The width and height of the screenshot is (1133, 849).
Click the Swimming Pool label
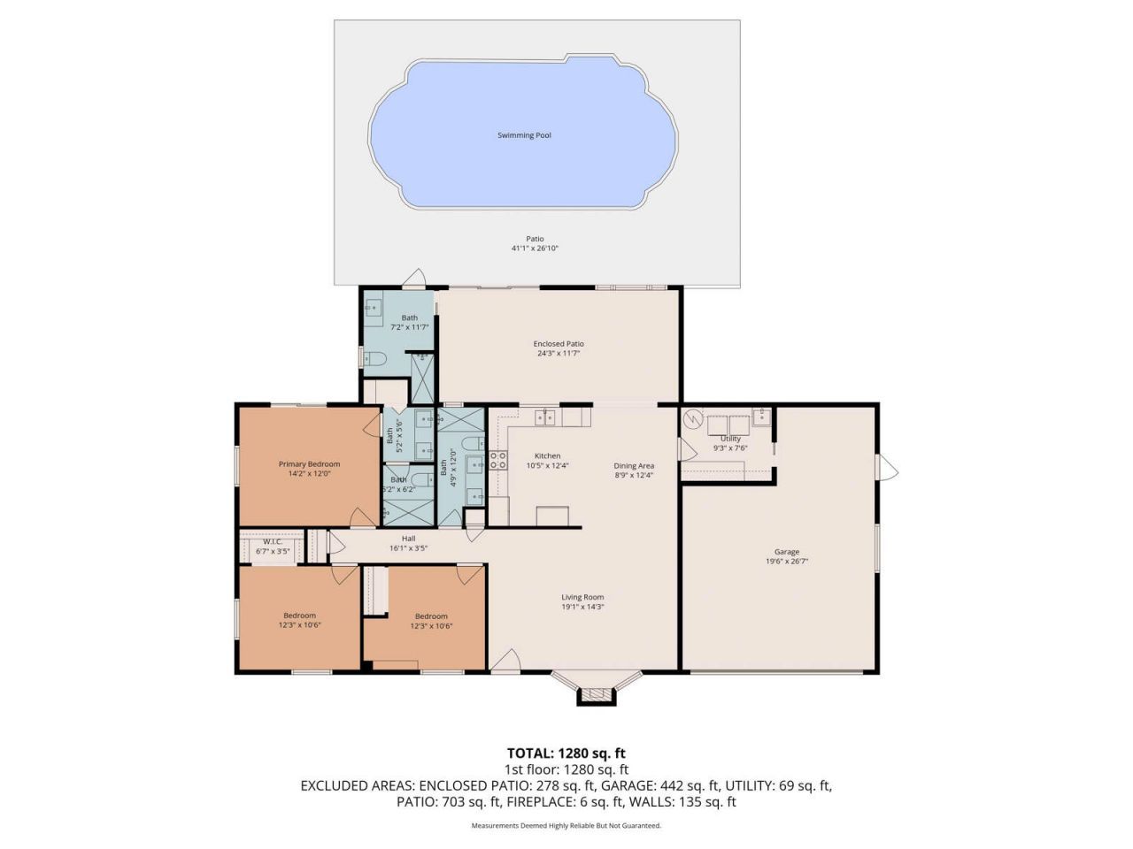point(524,135)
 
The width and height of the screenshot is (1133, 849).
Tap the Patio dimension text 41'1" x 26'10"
point(535,249)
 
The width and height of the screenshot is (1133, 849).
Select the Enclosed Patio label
point(559,344)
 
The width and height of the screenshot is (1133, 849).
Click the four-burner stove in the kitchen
point(498,460)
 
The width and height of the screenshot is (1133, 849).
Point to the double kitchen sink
point(544,417)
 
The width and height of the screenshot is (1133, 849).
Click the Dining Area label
point(634,466)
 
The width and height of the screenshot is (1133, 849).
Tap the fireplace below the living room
point(596,695)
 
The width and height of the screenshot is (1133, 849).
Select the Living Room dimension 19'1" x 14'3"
point(582,607)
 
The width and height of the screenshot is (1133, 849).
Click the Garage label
point(786,552)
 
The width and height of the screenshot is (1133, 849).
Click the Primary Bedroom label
point(309,464)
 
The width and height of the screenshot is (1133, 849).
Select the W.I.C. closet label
point(272,542)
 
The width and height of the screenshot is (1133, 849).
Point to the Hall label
point(408,539)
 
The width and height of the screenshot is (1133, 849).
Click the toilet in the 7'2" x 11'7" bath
point(375,358)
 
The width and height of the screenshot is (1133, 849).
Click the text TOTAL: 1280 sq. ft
point(566,753)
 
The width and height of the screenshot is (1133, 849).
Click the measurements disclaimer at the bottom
point(566,825)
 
